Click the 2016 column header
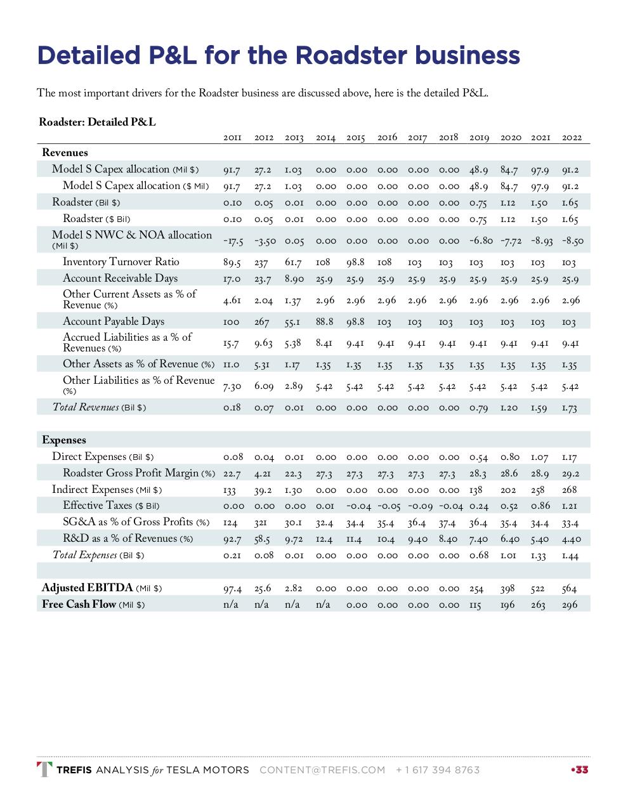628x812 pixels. [x=387, y=137]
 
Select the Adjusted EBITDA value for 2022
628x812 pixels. [x=569, y=589]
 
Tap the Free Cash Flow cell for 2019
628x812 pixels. [x=475, y=605]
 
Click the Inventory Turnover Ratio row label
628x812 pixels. [x=121, y=262]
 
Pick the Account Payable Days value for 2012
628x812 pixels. [x=261, y=322]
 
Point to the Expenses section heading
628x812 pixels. [x=64, y=440]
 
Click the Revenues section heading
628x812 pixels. [x=65, y=152]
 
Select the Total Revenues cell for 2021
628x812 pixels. [x=538, y=408]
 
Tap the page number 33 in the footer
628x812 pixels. [x=580, y=770]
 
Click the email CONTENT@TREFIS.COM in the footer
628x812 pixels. [x=322, y=770]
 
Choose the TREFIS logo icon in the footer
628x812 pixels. [x=44, y=769]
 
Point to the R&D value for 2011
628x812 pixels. [x=232, y=539]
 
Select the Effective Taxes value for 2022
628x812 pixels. [x=569, y=506]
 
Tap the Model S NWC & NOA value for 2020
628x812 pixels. [x=510, y=241]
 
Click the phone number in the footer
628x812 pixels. [x=437, y=770]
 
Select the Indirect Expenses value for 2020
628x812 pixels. [x=508, y=490]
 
